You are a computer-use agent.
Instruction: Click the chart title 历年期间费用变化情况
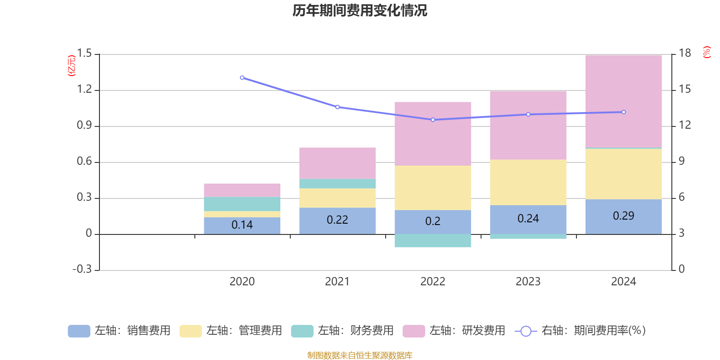(360, 10)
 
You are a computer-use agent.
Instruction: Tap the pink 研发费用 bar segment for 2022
(432, 133)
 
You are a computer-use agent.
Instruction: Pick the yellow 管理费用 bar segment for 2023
(528, 182)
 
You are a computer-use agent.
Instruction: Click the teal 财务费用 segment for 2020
(242, 204)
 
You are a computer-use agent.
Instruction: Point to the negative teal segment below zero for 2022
(432, 241)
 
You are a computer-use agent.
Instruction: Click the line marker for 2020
(242, 78)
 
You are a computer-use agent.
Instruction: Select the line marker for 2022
(433, 120)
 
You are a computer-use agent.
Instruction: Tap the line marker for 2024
(623, 112)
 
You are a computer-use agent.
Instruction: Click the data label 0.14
(242, 225)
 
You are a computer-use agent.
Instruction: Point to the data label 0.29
(623, 216)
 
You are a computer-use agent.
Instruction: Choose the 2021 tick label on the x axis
(337, 282)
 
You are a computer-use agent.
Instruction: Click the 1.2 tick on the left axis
(84, 90)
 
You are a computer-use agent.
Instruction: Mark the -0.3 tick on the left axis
(82, 269)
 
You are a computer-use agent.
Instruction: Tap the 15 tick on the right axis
(684, 90)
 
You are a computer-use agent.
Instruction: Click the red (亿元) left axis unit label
(72, 66)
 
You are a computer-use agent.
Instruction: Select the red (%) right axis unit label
(706, 52)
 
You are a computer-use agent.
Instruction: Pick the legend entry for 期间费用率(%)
(580, 331)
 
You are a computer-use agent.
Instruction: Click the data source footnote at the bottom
(360, 355)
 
